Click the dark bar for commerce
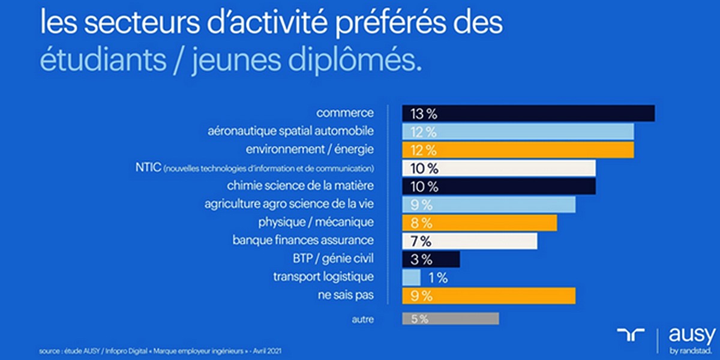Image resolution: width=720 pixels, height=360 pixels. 528,113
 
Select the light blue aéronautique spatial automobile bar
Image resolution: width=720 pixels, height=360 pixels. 518,131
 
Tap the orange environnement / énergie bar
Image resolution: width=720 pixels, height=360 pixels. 518,149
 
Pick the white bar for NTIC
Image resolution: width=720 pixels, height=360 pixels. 499,168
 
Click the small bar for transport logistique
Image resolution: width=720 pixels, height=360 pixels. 411,277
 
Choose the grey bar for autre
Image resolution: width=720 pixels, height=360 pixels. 450,319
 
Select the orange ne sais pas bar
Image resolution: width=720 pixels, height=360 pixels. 488,296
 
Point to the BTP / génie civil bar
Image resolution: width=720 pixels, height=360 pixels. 431,259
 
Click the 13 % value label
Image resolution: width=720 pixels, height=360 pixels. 424,113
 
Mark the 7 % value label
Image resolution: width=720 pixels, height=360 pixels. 421,241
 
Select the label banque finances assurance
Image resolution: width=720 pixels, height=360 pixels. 303,241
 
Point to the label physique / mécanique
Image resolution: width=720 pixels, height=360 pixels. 316,223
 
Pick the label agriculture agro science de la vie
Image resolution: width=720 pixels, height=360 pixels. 289,205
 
